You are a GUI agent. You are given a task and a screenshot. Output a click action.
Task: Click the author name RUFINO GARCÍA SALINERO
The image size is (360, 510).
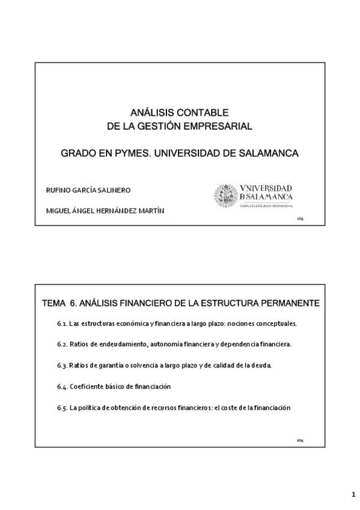(88, 190)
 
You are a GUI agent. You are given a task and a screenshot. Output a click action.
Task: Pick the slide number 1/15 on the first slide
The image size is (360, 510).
(300, 220)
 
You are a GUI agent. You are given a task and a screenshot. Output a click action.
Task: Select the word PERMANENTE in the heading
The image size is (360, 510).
(290, 302)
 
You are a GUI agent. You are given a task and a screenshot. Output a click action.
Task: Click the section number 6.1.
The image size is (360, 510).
(61, 324)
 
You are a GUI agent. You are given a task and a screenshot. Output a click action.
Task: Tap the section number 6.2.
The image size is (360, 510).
(61, 345)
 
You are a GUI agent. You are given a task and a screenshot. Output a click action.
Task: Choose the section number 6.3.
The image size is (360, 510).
(61, 366)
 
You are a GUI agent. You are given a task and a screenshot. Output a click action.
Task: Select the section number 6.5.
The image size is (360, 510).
(61, 408)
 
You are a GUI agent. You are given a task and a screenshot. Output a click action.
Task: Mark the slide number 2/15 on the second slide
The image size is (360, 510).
(300, 440)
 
